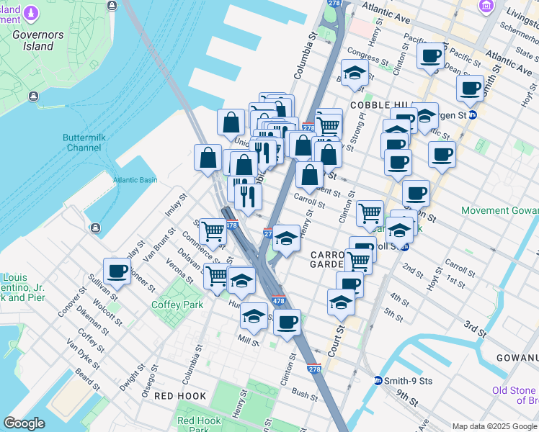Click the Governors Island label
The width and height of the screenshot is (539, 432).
pyautogui.click(x=32, y=39)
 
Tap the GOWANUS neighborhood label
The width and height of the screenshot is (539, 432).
pyautogui.click(x=517, y=358)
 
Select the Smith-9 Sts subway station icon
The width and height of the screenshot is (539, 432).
pyautogui.click(x=378, y=380)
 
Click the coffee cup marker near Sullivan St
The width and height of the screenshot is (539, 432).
pyautogui.click(x=117, y=271)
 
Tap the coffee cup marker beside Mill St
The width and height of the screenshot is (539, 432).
pyautogui.click(x=287, y=322)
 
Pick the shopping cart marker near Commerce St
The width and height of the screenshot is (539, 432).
pyautogui.click(x=213, y=231)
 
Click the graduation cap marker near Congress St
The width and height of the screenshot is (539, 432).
pyautogui.click(x=354, y=72)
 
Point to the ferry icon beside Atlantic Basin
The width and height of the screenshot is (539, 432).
pyautogui.click(x=95, y=229)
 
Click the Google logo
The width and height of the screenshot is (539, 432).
pyautogui.click(x=24, y=423)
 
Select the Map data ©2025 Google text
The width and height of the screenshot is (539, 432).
pyautogui.click(x=494, y=426)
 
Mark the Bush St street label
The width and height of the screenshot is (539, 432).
pyautogui.click(x=305, y=396)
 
